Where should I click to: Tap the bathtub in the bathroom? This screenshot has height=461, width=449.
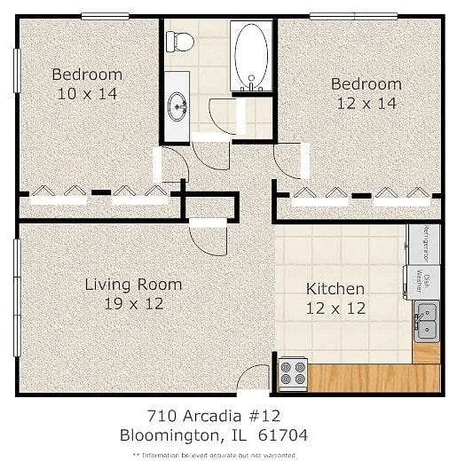point(251,55)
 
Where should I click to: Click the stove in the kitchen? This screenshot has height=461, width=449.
point(293,373)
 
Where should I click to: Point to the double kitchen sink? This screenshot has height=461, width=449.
point(426,319)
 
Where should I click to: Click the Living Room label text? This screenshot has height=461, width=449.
point(133,285)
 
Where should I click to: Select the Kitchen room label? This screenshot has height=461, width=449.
point(335,289)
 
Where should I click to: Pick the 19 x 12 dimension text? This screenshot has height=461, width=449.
point(133,303)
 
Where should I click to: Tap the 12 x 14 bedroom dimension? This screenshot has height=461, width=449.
point(366,102)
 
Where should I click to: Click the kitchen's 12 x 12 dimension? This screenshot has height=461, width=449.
point(335,308)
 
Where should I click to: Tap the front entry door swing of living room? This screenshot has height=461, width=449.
point(255,378)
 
